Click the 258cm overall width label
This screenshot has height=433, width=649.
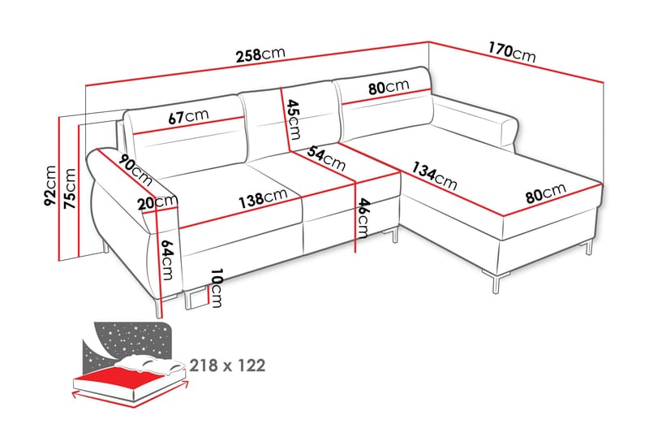click(x=260, y=55)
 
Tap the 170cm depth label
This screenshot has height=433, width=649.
click(x=512, y=51)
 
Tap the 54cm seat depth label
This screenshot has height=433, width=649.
click(x=326, y=158)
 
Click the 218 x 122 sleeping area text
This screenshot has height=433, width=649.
click(x=228, y=366)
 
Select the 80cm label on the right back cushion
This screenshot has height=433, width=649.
click(x=387, y=87)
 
